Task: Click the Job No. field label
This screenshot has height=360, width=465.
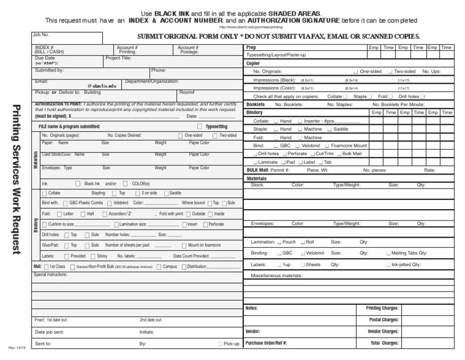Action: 41,35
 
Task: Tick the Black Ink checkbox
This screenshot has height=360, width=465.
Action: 77,183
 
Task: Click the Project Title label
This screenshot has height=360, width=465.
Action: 118,58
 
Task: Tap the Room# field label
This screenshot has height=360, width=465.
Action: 186,92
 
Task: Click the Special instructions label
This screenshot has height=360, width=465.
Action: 51,275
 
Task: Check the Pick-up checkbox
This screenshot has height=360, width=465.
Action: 220,344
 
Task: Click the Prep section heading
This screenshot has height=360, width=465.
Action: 251,47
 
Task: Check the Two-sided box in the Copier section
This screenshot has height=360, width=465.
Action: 390,72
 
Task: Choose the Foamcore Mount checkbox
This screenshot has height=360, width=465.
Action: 327,146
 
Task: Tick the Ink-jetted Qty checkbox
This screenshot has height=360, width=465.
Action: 389,265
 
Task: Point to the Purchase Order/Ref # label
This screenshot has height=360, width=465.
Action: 266,343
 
